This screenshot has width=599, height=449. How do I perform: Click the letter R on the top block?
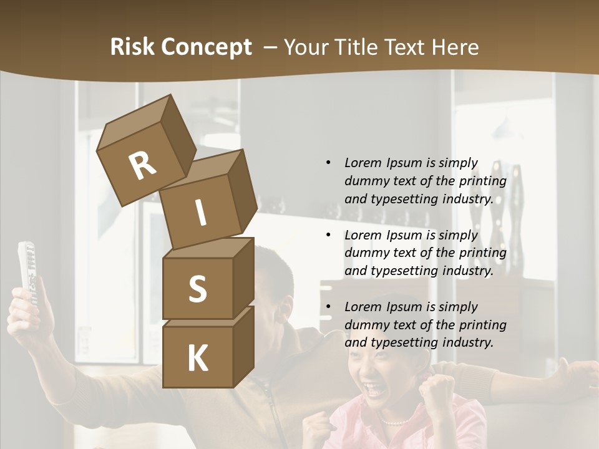tap(142, 166)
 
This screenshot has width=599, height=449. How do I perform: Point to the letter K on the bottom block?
tap(197, 359)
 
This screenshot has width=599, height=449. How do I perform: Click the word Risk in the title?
tap(132, 47)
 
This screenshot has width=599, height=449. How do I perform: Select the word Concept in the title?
tap(206, 47)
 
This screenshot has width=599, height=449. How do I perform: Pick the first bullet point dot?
tap(329, 163)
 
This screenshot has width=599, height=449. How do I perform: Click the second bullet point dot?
tap(329, 235)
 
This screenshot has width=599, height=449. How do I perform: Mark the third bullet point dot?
tap(329, 307)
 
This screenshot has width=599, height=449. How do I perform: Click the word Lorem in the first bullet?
tap(363, 163)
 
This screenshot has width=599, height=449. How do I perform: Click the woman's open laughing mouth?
tap(376, 389)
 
